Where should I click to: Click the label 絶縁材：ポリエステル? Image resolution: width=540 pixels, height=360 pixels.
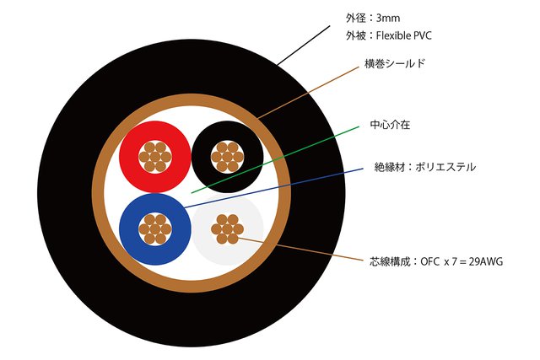point(425,167)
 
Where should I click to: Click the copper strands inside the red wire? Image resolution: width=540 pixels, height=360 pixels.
point(154,156)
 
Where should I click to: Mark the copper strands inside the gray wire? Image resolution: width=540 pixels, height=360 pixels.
point(226,228)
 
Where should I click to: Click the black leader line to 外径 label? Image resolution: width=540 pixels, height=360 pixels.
point(304,46)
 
